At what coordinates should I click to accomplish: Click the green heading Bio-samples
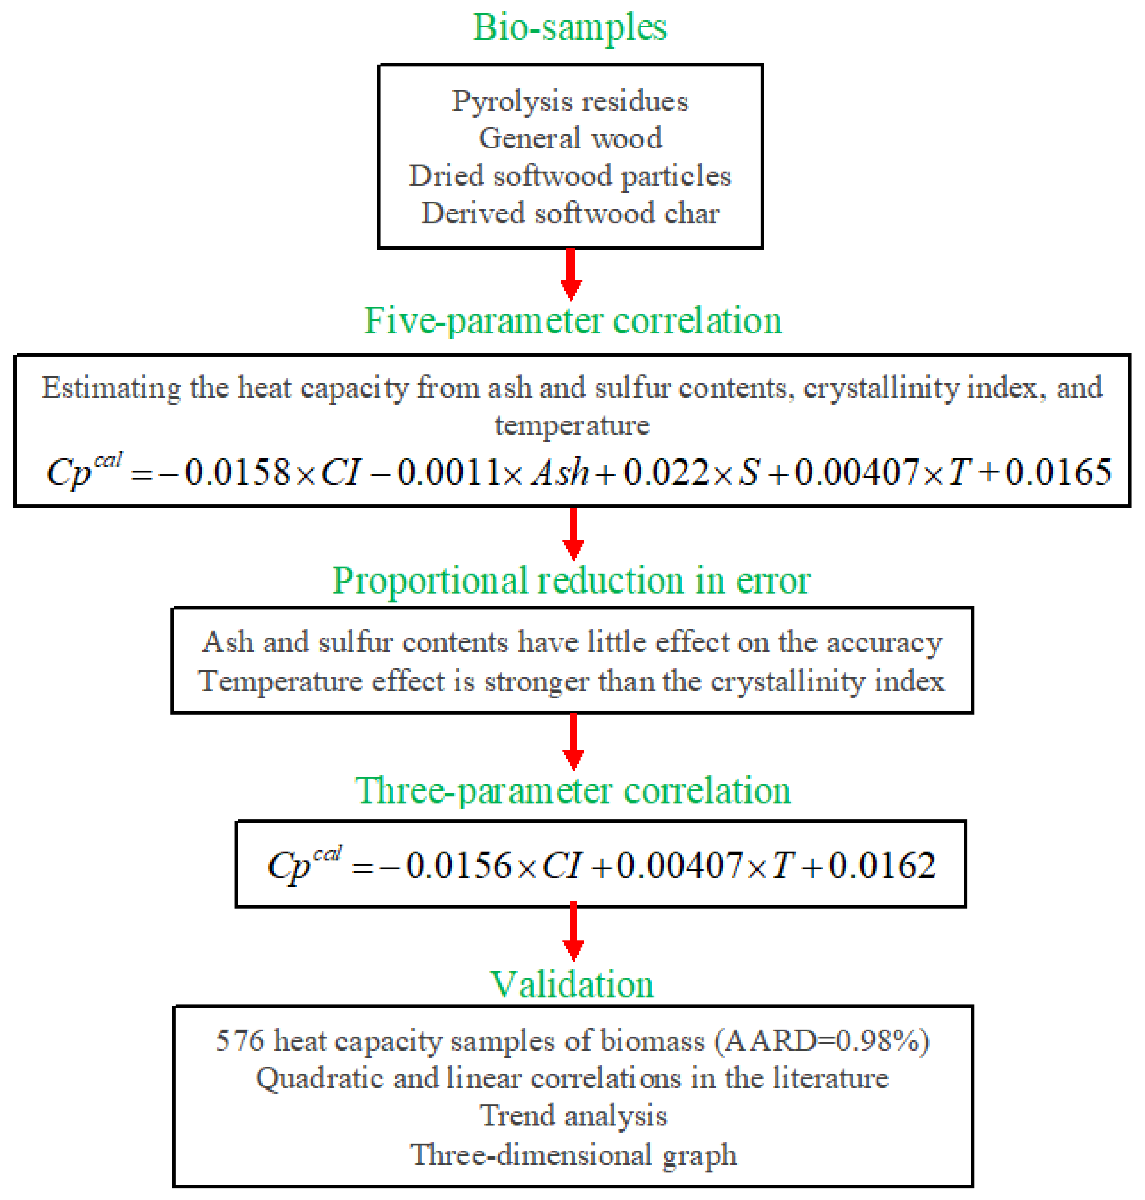[570, 27]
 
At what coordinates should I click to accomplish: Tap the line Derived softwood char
[570, 213]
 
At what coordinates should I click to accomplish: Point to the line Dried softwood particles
[570, 176]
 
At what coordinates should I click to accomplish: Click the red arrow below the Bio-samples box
[571, 275]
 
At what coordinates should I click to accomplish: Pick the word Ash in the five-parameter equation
[560, 472]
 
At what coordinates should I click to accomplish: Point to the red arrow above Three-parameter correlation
[572, 741]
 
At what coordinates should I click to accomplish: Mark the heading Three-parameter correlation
[572, 791]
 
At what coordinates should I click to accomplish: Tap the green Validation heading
[572, 984]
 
